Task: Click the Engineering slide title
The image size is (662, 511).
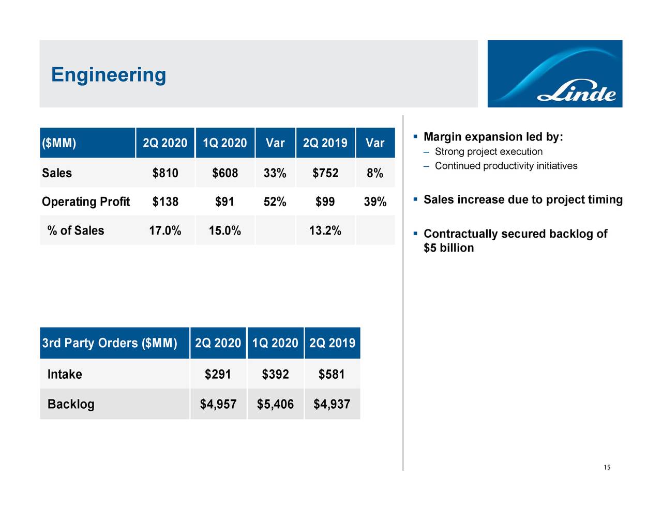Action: [109, 75]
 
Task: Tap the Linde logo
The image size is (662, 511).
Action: [554, 74]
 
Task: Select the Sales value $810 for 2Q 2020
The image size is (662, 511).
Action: [165, 173]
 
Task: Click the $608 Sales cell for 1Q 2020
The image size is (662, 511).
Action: [225, 173]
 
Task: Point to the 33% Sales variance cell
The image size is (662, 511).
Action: [275, 173]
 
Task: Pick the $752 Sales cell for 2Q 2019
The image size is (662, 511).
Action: [325, 173]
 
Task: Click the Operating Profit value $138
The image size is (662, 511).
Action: [165, 202]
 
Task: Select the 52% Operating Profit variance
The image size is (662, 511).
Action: [275, 202]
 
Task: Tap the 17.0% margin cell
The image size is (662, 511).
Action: [165, 230]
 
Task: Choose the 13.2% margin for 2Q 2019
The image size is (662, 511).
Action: [325, 230]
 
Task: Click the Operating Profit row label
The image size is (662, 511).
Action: [86, 202]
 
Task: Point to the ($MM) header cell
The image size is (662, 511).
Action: [59, 143]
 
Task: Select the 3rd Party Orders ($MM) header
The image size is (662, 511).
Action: [109, 343]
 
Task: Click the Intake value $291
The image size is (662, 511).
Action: [218, 374]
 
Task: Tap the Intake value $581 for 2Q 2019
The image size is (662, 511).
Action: [332, 374]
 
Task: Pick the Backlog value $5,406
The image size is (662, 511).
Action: [275, 404]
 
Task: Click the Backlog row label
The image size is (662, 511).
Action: [71, 404]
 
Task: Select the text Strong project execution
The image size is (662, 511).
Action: [488, 152]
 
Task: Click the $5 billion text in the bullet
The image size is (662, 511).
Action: [448, 248]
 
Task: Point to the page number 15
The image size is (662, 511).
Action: [607, 468]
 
